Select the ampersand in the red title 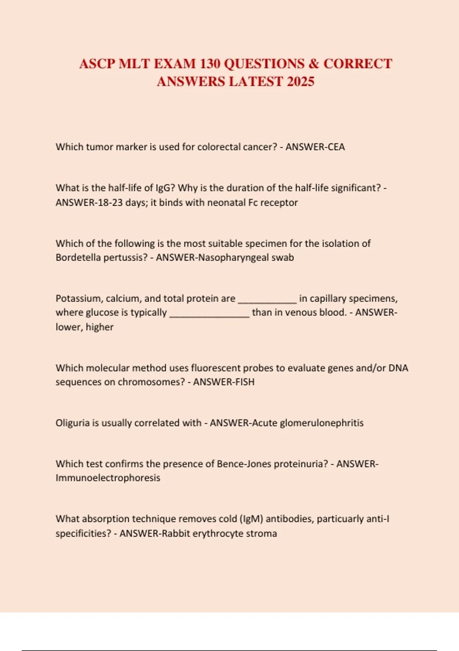pyautogui.click(x=314, y=64)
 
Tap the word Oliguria pyautogui.click(x=72, y=423)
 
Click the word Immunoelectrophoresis pyautogui.click(x=108, y=478)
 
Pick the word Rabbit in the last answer pyautogui.click(x=176, y=533)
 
